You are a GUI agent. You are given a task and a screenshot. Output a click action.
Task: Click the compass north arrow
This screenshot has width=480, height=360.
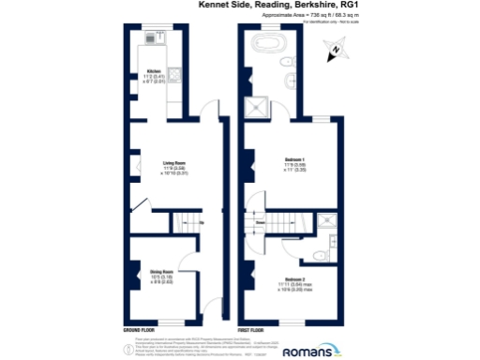coord(335,53)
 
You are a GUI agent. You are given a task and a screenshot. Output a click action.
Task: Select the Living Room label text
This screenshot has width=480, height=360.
coord(168,167)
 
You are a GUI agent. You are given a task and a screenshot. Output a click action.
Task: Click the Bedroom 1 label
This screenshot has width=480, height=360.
coord(295,167)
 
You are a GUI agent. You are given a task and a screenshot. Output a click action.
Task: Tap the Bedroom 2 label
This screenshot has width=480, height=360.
coord(294,282)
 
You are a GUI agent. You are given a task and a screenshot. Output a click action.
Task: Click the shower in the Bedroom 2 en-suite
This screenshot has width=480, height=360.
coord(326,221)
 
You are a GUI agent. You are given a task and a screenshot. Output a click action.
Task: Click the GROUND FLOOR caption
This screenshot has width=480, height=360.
coord(142,332)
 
